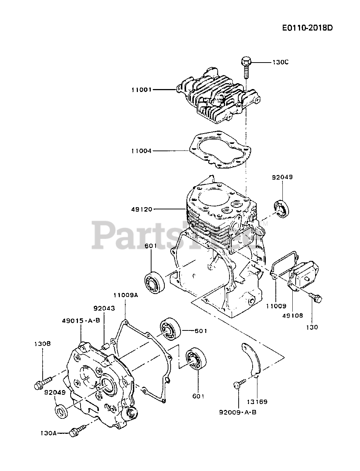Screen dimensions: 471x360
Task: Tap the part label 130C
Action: [281, 62]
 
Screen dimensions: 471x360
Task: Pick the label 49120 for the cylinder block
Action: [141, 209]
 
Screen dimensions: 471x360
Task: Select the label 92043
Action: [104, 308]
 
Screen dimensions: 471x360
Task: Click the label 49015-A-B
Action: [81, 321]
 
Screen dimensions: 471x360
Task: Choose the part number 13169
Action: [257, 401]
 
